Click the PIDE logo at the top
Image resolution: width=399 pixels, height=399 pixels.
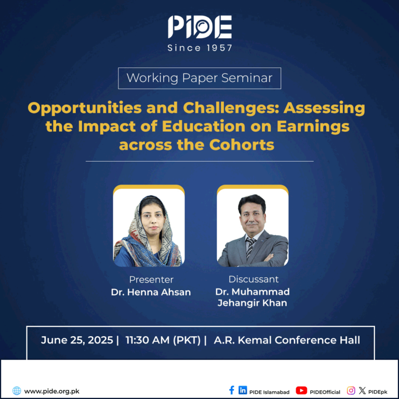[x=199, y=27]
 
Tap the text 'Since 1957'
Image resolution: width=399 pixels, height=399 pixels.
[x=199, y=48]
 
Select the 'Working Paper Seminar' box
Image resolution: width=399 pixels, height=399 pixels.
[x=199, y=78]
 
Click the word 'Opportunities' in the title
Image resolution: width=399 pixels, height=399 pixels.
[x=85, y=108]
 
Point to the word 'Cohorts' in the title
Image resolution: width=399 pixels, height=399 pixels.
[x=242, y=145]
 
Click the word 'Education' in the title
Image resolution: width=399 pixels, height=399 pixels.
[x=204, y=126]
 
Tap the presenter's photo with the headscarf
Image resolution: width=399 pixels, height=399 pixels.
[x=149, y=225]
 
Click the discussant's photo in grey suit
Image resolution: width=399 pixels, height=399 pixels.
[x=252, y=225]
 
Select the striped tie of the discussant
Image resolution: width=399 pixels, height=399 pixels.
[x=250, y=249]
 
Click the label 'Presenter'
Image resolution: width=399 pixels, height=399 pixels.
[x=151, y=280]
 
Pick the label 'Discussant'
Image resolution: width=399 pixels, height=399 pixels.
[x=254, y=279]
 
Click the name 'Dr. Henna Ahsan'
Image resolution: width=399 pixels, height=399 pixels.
[x=151, y=292]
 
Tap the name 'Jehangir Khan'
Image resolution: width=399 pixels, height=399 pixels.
[x=252, y=303]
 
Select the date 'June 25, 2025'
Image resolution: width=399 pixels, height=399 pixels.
[x=77, y=340]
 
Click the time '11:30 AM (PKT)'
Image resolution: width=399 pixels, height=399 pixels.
[x=163, y=340]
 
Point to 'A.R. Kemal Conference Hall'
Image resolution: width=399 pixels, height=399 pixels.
[x=287, y=340]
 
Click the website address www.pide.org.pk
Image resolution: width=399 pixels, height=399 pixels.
[x=51, y=391]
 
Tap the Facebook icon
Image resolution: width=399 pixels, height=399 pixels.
[x=232, y=390]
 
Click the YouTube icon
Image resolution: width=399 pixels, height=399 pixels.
[x=301, y=390]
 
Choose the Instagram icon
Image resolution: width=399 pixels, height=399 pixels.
[x=351, y=390]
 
